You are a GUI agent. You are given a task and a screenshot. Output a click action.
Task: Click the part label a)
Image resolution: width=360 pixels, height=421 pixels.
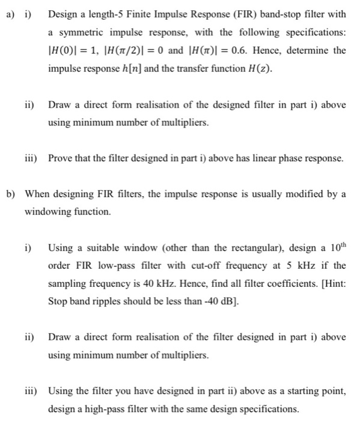click(x=9, y=14)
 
